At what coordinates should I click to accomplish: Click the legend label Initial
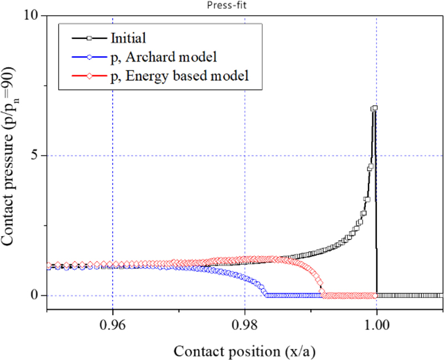(x=128, y=39)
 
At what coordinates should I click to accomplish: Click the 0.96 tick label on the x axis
(x=113, y=322)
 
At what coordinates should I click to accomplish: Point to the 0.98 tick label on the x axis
(x=245, y=322)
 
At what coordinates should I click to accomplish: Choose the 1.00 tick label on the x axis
(x=377, y=322)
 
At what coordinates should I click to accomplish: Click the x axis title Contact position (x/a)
(x=245, y=351)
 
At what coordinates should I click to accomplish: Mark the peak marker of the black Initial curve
(x=375, y=108)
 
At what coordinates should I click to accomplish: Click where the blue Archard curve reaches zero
(x=268, y=295)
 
